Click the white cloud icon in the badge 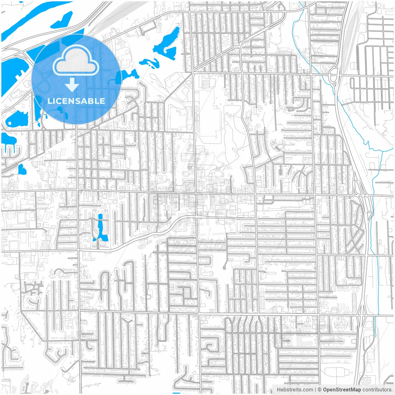coord(76,60)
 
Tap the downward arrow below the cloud coord(72,85)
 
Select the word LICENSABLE coord(76,101)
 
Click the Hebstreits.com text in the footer coord(294,390)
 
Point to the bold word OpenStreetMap coord(342,390)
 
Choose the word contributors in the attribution coord(376,390)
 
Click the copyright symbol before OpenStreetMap coord(319,390)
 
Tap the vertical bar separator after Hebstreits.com coord(315,390)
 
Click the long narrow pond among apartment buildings coord(100,227)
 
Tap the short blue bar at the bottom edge coord(176,393)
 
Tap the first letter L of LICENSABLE coord(50,101)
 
